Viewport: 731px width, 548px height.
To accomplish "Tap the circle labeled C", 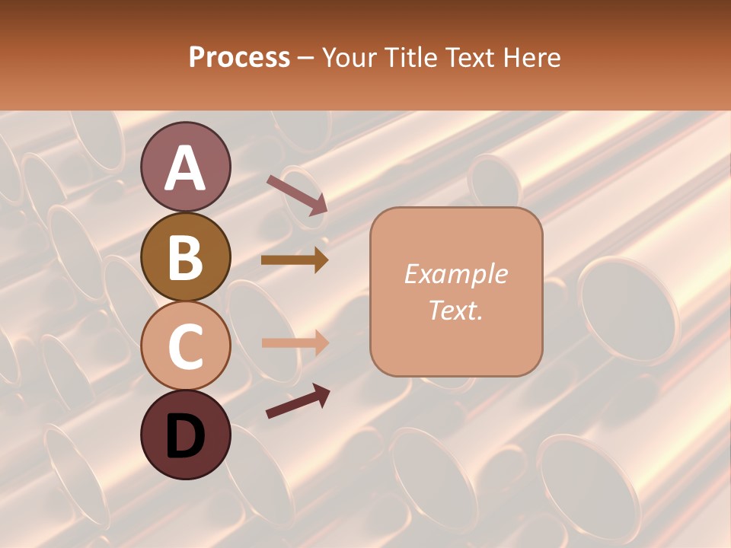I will [185, 346].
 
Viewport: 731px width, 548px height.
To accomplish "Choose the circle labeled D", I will [185, 435].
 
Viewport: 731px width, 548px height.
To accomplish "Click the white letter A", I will [185, 168].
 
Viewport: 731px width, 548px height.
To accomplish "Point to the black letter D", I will [185, 436].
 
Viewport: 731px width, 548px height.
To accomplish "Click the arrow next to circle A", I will [297, 195].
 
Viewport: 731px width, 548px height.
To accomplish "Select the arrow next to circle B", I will [295, 260].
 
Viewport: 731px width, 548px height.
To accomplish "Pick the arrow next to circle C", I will [295, 342].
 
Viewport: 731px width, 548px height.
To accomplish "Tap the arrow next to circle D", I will [298, 401].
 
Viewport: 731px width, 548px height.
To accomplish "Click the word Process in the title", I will [239, 58].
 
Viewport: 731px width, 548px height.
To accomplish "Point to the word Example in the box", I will [455, 275].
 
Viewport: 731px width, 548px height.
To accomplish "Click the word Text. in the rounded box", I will [455, 311].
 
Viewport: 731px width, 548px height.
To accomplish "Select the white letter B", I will [185, 257].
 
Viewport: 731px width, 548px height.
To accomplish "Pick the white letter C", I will [185, 347].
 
